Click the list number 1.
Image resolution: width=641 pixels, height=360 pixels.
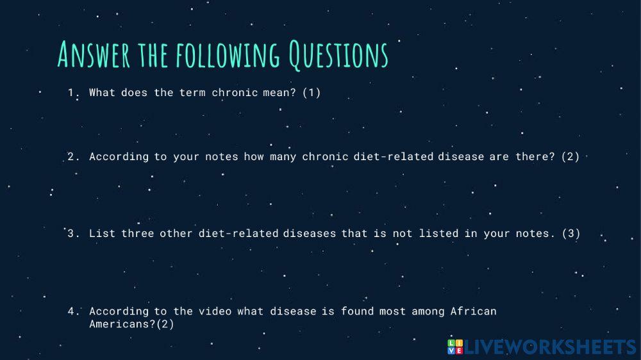(x=72, y=92)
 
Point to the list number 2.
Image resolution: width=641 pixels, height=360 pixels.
(x=72, y=156)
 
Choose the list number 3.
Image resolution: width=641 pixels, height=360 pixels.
(x=72, y=233)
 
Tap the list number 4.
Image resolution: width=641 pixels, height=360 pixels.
(x=72, y=311)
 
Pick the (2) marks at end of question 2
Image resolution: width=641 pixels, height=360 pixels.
(x=570, y=156)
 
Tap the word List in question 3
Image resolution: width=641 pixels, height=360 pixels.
(x=102, y=233)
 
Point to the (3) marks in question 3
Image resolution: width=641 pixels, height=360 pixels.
(x=570, y=233)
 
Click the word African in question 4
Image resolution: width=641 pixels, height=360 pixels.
(x=473, y=311)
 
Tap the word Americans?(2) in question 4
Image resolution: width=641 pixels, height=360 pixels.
(x=131, y=324)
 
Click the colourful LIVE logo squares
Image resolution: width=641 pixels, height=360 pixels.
(x=454, y=347)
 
